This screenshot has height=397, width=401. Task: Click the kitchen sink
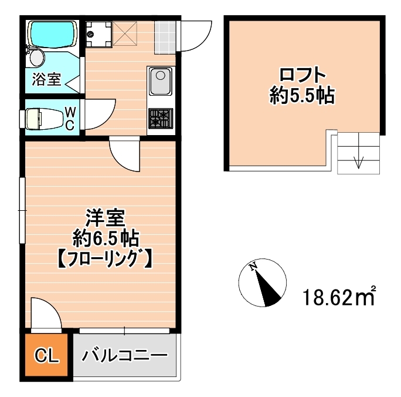(x=160, y=81)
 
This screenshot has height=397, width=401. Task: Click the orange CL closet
(x=46, y=355)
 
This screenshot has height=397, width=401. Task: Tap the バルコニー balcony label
(x=124, y=356)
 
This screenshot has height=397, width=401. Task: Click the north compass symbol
(x=264, y=283)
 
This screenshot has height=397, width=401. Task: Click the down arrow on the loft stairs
(x=358, y=162)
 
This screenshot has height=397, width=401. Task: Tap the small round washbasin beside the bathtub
(x=36, y=58)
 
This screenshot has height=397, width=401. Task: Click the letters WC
(x=69, y=118)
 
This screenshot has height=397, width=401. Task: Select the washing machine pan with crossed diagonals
(x=124, y=33)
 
